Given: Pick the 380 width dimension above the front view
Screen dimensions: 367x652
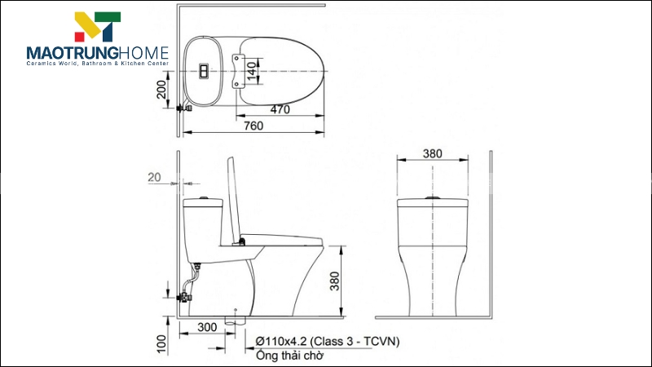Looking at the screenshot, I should [433, 153].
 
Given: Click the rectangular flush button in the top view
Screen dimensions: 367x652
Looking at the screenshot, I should [203, 71].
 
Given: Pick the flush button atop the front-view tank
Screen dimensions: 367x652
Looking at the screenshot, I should [433, 197].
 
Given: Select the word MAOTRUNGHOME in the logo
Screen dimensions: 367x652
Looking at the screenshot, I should [97, 53].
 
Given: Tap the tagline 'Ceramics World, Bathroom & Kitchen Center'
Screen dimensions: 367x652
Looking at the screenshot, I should [97, 65].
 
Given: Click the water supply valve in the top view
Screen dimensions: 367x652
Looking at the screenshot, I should [184, 106].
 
